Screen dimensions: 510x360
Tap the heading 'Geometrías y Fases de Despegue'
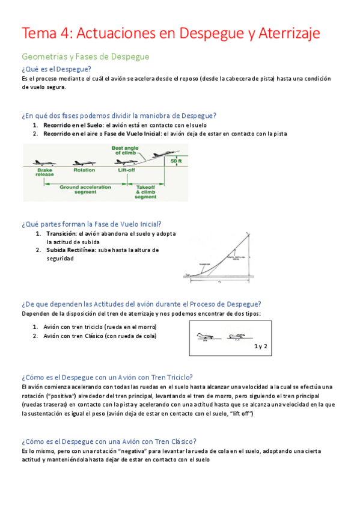pos(85,57)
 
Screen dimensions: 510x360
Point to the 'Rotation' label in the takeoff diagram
pos(84,170)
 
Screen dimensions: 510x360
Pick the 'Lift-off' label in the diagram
pos(126,170)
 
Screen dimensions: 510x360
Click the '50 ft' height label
pos(175,161)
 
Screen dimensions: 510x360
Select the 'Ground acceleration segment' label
pos(86,189)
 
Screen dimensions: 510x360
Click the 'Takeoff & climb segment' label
pos(145,192)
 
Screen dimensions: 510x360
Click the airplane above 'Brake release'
pos(44,162)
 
